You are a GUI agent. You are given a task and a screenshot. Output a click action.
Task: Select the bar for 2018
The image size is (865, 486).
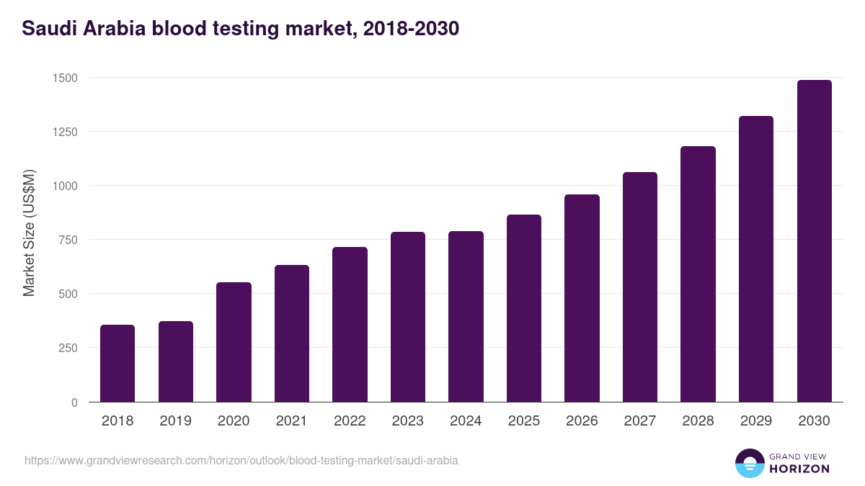pyautogui.click(x=117, y=364)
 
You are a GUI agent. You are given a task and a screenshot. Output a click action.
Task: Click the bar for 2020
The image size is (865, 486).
pyautogui.click(x=234, y=342)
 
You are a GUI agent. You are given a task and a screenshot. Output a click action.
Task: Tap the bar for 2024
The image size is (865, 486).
pyautogui.click(x=466, y=317)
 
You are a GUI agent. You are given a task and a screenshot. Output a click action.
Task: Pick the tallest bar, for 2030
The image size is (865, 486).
pyautogui.click(x=814, y=241)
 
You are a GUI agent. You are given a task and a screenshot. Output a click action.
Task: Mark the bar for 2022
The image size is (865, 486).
pyautogui.click(x=350, y=324)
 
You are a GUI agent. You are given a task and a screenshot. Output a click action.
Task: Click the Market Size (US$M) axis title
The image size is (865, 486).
pyautogui.click(x=29, y=233)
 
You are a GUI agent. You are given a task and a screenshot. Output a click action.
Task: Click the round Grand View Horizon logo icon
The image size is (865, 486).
pyautogui.click(x=749, y=463)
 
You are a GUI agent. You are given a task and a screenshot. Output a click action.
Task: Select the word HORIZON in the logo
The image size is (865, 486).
pyautogui.click(x=799, y=469)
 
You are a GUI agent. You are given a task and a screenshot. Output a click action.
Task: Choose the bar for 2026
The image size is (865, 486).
pyautogui.click(x=582, y=298)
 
